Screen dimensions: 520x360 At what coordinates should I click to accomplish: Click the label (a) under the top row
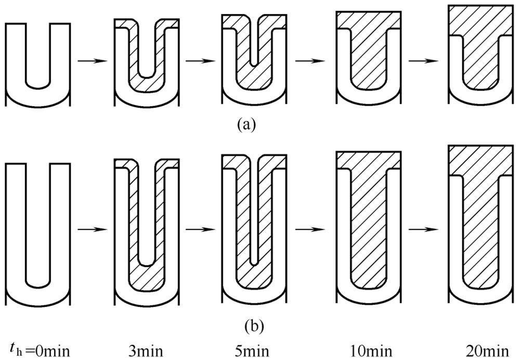pyautogui.click(x=245, y=125)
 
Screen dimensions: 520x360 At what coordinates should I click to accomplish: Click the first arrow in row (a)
pyautogui.click(x=92, y=61)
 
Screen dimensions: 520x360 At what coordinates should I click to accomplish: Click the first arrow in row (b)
pyautogui.click(x=92, y=229)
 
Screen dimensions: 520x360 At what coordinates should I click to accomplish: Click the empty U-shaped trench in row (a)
pyautogui.click(x=37, y=52)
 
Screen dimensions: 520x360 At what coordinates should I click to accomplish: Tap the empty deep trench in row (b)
pyautogui.click(x=37, y=218)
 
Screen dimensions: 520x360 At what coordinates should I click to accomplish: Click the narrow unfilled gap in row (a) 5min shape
pyautogui.click(x=253, y=47)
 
